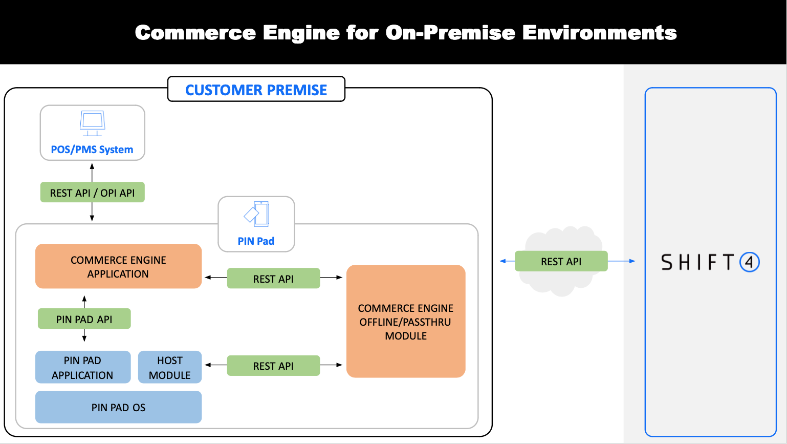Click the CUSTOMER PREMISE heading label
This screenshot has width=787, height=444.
click(x=256, y=90)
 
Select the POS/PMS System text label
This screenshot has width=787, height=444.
click(x=92, y=150)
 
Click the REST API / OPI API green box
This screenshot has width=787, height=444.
click(x=92, y=193)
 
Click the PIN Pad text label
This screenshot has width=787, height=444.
click(x=256, y=241)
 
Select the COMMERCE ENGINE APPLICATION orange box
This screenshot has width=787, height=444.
click(x=118, y=266)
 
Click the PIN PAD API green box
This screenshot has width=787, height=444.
click(x=84, y=319)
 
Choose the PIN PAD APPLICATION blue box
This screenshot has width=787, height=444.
click(x=82, y=367)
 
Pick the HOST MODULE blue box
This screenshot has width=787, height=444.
click(x=169, y=367)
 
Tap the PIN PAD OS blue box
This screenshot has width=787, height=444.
click(x=118, y=407)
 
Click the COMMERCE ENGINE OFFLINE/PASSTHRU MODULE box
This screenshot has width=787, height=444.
click(x=406, y=322)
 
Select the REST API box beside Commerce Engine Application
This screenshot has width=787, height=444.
click(x=273, y=279)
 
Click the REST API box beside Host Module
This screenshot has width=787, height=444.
click(x=273, y=366)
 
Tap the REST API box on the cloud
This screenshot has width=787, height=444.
click(x=561, y=261)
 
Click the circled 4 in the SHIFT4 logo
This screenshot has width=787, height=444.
click(x=750, y=262)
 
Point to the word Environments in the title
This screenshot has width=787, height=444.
click(x=599, y=33)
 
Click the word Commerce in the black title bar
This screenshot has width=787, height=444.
click(x=195, y=33)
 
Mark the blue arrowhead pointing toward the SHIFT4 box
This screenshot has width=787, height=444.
click(x=632, y=261)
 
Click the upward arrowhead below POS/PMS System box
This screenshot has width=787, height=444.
click(x=92, y=166)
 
